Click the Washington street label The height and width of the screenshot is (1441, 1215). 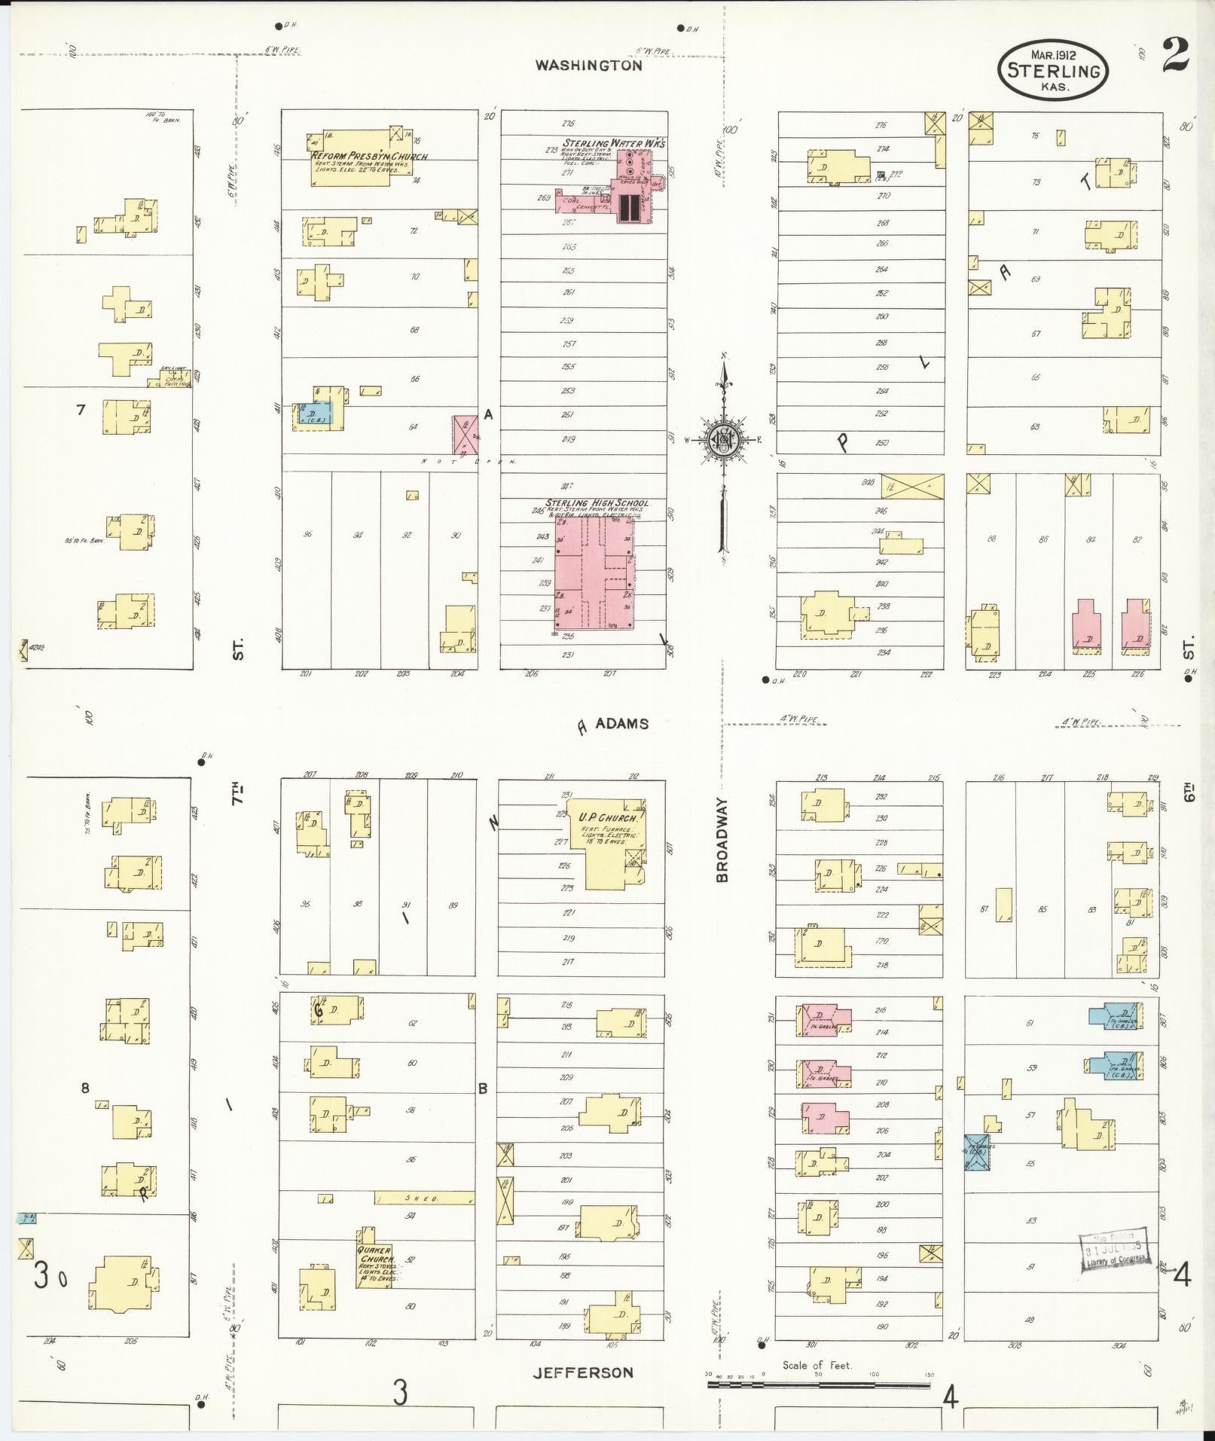[x=588, y=66]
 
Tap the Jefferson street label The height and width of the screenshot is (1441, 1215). [x=583, y=1372]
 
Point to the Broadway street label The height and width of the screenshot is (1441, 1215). [x=722, y=840]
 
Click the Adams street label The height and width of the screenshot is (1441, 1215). [x=621, y=723]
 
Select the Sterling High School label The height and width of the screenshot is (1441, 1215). [x=597, y=503]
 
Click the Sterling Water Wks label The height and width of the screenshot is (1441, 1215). [x=614, y=142]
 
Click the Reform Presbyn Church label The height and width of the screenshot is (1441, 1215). [x=369, y=156]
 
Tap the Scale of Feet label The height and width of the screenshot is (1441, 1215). [x=817, y=1365]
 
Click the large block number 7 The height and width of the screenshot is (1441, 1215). [x=81, y=410]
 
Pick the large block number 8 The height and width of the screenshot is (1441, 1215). [x=85, y=1088]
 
